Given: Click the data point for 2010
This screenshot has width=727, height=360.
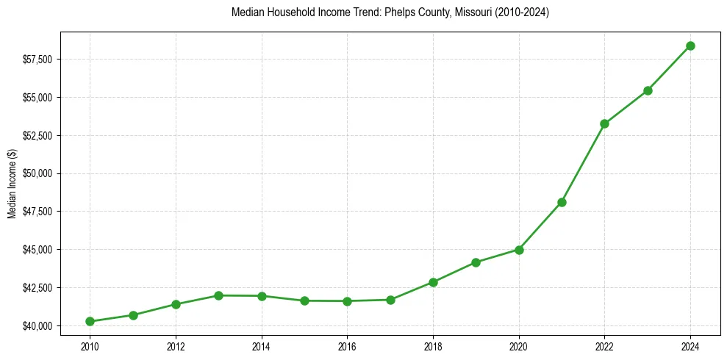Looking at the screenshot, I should [x=90, y=321].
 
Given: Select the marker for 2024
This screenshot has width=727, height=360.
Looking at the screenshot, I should [x=690, y=46].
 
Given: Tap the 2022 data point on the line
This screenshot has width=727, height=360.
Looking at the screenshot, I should [x=604, y=123].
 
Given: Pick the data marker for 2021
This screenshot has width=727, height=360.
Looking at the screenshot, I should [x=562, y=202].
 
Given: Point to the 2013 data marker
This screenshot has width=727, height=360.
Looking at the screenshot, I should [x=218, y=295].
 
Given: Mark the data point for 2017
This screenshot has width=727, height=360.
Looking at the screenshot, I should [x=390, y=300].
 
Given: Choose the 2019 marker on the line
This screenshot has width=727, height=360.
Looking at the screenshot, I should [x=476, y=262].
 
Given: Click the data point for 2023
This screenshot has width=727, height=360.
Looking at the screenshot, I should [x=648, y=90].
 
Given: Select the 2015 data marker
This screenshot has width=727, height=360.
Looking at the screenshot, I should [x=304, y=300].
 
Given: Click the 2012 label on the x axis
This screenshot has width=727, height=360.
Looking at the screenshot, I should [x=176, y=346].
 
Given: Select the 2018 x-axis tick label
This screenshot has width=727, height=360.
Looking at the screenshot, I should [x=433, y=346].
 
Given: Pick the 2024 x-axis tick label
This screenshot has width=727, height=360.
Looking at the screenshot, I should [x=690, y=346].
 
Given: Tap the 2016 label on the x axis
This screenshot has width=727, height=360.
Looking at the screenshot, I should [x=347, y=346].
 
